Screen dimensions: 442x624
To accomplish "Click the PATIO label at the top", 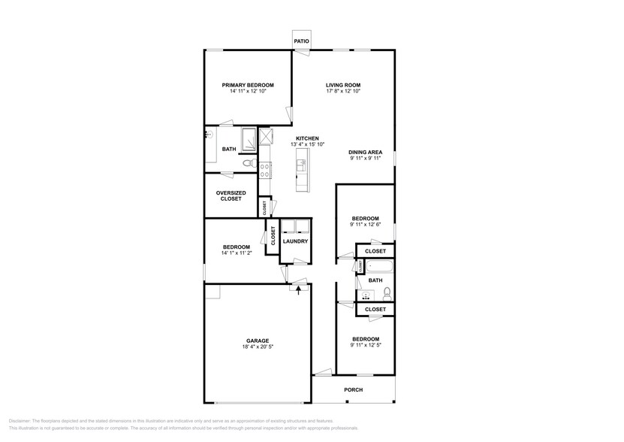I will [301, 41].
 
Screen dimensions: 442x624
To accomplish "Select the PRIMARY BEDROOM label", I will [247, 85].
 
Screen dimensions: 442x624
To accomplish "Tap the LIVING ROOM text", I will [343, 85].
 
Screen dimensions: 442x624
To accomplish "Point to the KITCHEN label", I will [307, 138].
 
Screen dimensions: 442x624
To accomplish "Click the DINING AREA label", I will [365, 152].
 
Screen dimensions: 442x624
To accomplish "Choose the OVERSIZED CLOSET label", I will [231, 195].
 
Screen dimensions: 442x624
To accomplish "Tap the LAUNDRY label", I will [296, 241].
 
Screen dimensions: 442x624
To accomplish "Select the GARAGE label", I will [257, 341].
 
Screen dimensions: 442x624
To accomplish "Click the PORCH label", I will [353, 389].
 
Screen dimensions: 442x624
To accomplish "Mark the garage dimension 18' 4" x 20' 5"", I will [257, 347].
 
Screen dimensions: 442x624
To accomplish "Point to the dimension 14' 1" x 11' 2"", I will [236, 253].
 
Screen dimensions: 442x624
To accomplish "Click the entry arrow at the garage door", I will [299, 289].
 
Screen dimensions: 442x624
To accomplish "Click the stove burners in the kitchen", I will [265, 167].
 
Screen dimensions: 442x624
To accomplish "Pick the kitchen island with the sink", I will [301, 170].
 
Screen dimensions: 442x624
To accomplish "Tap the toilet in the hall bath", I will [387, 292].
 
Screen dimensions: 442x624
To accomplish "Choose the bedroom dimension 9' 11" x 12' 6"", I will [365, 225].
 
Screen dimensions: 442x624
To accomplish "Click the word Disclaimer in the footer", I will [22, 421].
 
